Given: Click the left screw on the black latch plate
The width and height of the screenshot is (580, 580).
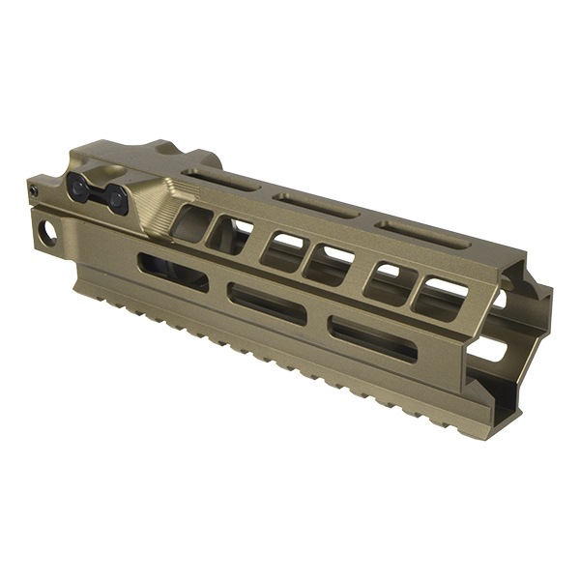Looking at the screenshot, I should click(x=80, y=187).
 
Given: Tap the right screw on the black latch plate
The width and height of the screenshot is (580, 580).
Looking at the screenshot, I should click(x=118, y=199).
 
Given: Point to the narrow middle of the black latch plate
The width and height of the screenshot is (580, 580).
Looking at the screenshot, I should click(x=99, y=193).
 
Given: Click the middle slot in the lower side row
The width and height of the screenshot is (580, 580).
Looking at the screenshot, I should click(x=267, y=302).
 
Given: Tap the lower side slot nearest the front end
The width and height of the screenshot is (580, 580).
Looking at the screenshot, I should click(x=372, y=338).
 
